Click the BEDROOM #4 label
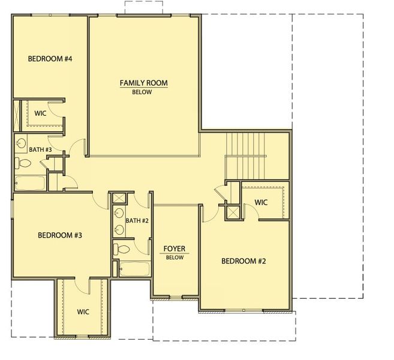coord(50,59)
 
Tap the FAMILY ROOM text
coord(143,83)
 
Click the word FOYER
coord(174,248)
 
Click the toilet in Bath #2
coord(122,249)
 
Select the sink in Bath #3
coord(21,144)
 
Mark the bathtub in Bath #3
coord(29,183)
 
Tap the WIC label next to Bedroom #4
coord(40,113)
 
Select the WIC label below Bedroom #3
coord(83,312)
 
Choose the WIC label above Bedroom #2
coord(261,202)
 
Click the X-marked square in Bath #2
coord(118,199)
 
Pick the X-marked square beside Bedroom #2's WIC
coord(231,212)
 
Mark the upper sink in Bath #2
coord(118,215)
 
